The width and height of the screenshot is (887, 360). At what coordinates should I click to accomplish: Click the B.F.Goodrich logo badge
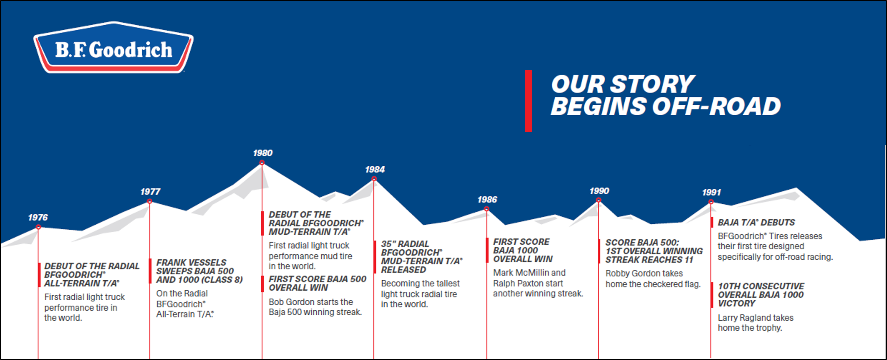(113, 47)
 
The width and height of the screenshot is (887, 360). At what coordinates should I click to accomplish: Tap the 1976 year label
(38, 217)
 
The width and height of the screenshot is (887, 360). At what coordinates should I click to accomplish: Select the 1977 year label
(151, 192)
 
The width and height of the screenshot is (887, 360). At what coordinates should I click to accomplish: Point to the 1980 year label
(263, 153)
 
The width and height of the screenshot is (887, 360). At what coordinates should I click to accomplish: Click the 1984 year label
(375, 169)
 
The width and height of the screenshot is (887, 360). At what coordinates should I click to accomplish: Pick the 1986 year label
(487, 199)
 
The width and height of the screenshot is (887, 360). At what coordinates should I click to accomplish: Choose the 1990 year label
(599, 191)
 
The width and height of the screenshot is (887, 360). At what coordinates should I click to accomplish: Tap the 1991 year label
(711, 192)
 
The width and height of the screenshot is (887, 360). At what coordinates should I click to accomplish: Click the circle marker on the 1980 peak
(262, 162)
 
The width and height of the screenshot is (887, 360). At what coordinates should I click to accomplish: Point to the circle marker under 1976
(38, 227)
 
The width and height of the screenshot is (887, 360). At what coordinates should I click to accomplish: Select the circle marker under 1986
(487, 209)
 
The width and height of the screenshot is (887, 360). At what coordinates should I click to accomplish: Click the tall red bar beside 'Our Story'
(528, 101)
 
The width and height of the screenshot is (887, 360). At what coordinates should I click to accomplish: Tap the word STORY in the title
(653, 84)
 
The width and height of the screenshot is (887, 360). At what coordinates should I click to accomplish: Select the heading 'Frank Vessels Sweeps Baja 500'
(195, 267)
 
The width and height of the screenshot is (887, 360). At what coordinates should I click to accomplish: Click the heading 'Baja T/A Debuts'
(756, 222)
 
